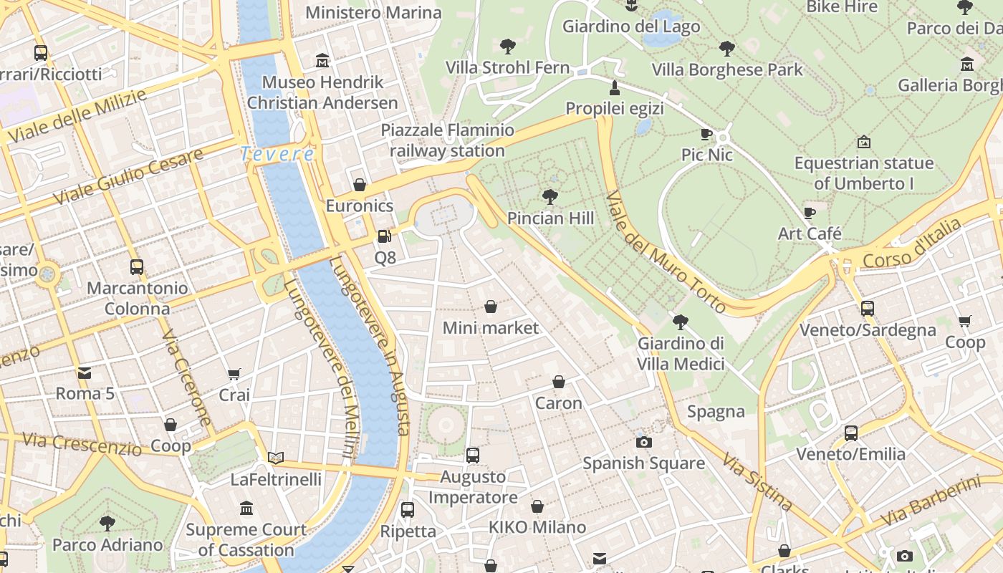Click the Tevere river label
pyautogui.click(x=277, y=154)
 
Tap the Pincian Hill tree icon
pyautogui.click(x=550, y=196)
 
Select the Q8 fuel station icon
pyautogui.click(x=385, y=236)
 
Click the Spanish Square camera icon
pyautogui.click(x=643, y=442)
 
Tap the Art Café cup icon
pyautogui.click(x=810, y=213)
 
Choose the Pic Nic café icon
pyautogui.click(x=706, y=134)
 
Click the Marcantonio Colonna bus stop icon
pyautogui.click(x=137, y=267)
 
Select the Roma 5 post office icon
pyautogui.click(x=85, y=372)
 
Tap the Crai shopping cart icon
pyautogui.click(x=234, y=374)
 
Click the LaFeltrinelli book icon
pyautogui.click(x=276, y=458)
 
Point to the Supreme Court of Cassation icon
pyautogui.click(x=246, y=509)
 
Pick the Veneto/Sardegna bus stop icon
pyautogui.click(x=868, y=309)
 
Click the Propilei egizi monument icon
pyautogui.click(x=614, y=87)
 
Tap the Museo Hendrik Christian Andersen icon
pyautogui.click(x=322, y=61)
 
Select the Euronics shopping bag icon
pyautogui.click(x=360, y=185)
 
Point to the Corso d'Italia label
pyautogui.click(x=912, y=244)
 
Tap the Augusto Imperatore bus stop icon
pyautogui.click(x=473, y=455)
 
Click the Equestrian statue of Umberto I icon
pyautogui.click(x=863, y=142)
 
